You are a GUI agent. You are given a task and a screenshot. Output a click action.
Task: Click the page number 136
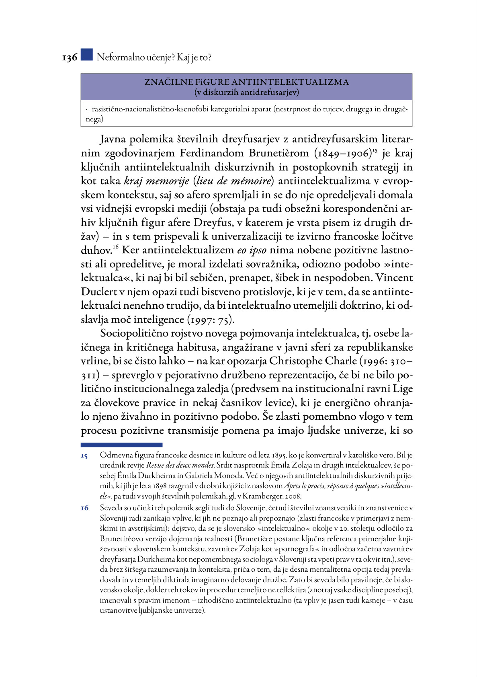pyautogui.click(x=70, y=58)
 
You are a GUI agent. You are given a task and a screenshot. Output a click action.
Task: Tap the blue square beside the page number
pyautogui.click(x=86, y=55)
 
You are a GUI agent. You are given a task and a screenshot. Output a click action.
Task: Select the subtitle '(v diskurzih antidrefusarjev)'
pyautogui.click(x=246, y=92)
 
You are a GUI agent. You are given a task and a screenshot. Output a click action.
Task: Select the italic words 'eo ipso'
pyautogui.click(x=252, y=250)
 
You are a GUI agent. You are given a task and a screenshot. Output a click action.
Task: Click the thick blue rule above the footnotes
pyautogui.click(x=121, y=445)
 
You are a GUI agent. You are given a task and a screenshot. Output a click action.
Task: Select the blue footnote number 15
pyautogui.click(x=84, y=456)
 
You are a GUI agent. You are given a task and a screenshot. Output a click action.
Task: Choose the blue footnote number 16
pyautogui.click(x=84, y=508)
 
